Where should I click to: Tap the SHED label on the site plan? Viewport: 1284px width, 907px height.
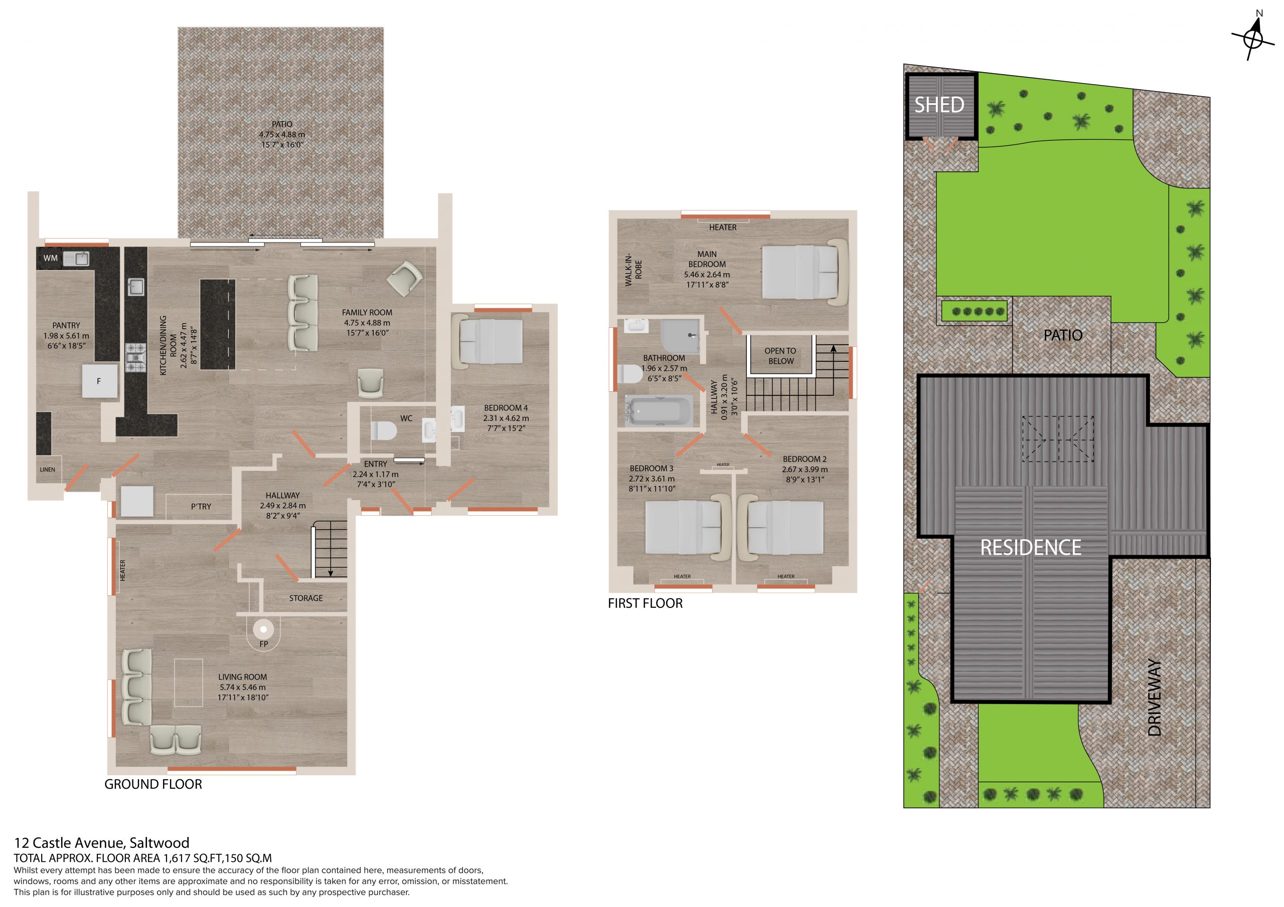[939, 105]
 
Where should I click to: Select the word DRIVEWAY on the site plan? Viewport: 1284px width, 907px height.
[1154, 698]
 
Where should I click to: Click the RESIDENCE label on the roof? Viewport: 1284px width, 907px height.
[1031, 548]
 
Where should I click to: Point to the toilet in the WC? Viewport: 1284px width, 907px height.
[384, 431]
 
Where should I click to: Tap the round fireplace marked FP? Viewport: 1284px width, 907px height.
[263, 629]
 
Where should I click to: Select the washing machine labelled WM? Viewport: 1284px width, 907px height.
[50, 258]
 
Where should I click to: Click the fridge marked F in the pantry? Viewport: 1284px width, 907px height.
[99, 382]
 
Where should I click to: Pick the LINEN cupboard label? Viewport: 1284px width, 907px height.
[48, 470]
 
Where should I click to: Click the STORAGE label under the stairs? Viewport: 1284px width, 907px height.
[306, 598]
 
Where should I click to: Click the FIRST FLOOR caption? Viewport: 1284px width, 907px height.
[646, 603]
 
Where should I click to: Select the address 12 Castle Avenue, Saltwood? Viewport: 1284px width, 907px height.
[102, 843]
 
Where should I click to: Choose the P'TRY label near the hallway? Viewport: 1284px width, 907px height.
[201, 506]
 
